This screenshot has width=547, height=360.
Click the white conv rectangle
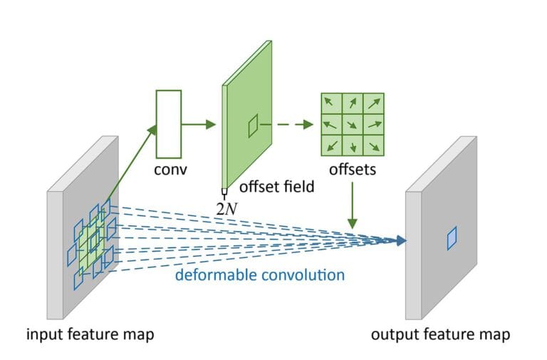(x=170, y=124)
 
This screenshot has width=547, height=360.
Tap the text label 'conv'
(x=170, y=172)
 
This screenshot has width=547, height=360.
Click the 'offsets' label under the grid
(x=353, y=171)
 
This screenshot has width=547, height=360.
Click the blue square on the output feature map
(x=451, y=238)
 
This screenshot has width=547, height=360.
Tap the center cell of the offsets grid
(x=353, y=125)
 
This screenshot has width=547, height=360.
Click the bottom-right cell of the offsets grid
(x=373, y=146)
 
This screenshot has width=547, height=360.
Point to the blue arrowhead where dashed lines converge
(x=400, y=241)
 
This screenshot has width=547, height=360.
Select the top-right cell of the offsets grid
(x=373, y=103)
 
